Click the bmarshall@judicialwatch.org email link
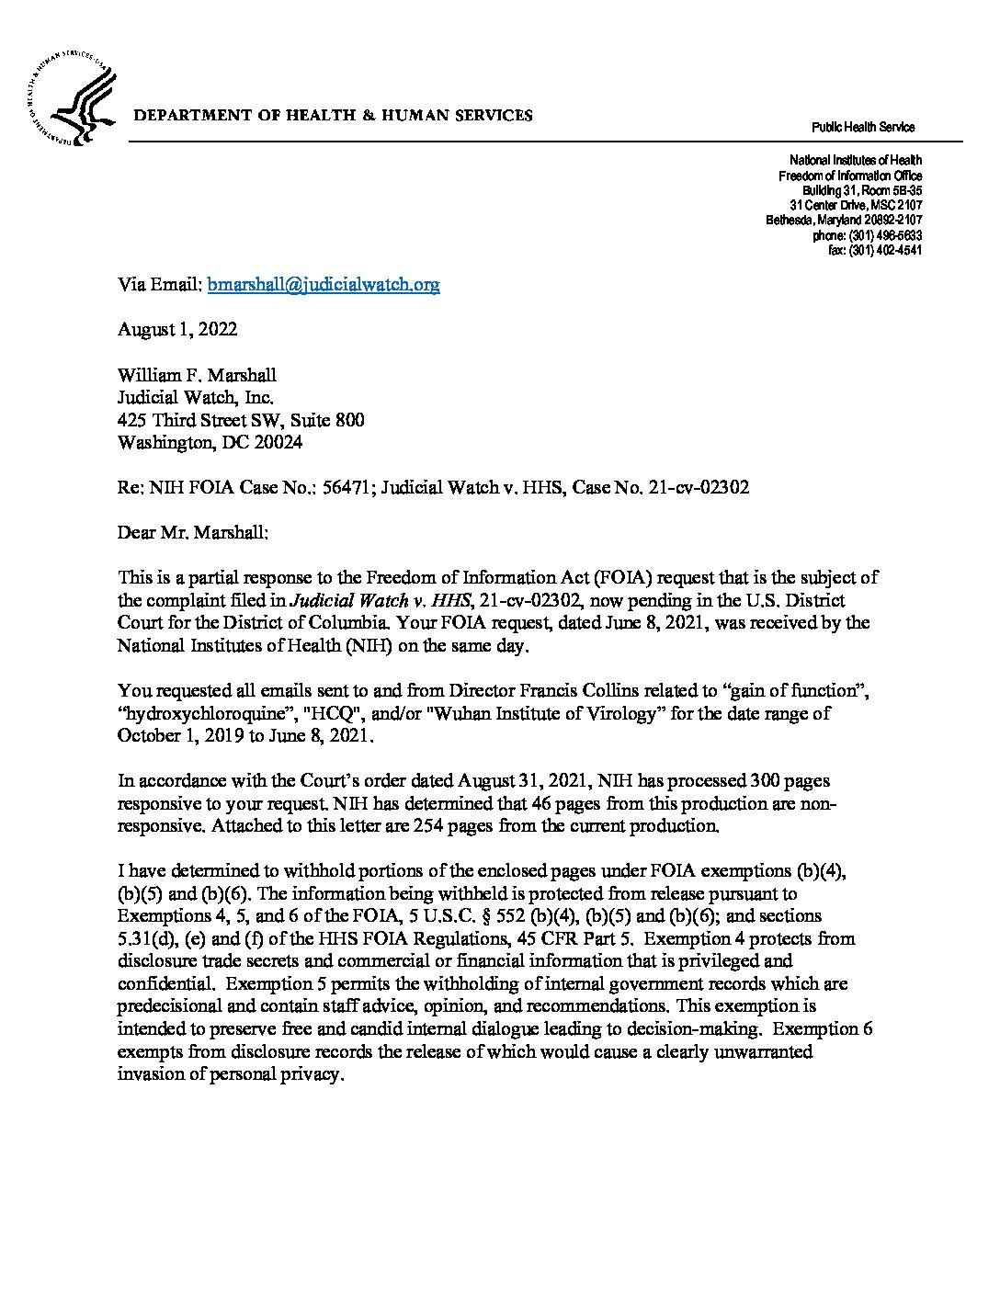tap(324, 285)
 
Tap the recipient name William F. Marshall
tap(197, 375)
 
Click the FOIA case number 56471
tap(346, 487)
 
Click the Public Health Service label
tap(862, 128)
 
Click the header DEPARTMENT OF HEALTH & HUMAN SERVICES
tap(333, 116)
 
